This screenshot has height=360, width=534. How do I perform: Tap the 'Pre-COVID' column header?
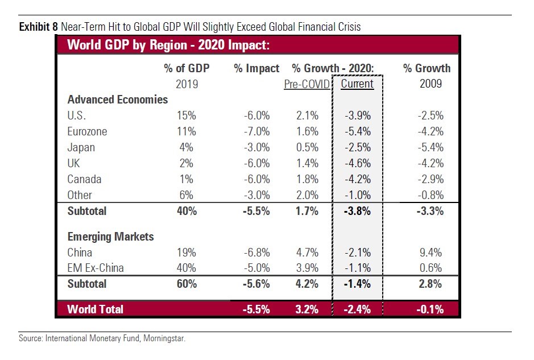(x=307, y=84)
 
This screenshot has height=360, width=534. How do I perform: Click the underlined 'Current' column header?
(x=357, y=84)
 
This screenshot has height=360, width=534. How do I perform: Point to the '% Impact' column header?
(x=256, y=69)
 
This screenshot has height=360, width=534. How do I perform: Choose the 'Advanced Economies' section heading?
(x=118, y=100)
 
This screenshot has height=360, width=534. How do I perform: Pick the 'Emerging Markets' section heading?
(x=111, y=237)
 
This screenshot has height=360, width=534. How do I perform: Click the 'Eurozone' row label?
(x=87, y=131)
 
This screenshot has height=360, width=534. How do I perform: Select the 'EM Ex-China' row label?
(x=96, y=268)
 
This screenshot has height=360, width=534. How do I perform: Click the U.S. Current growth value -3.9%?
(x=358, y=115)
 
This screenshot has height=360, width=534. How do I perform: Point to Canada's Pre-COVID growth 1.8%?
(x=307, y=179)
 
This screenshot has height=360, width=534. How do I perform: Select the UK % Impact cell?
(x=256, y=163)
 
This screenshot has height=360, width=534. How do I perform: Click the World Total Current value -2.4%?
(x=358, y=309)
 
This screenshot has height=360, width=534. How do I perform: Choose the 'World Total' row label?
(x=95, y=309)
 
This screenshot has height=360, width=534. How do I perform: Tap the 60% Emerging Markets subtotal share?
(x=187, y=283)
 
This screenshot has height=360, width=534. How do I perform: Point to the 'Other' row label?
(x=80, y=195)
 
